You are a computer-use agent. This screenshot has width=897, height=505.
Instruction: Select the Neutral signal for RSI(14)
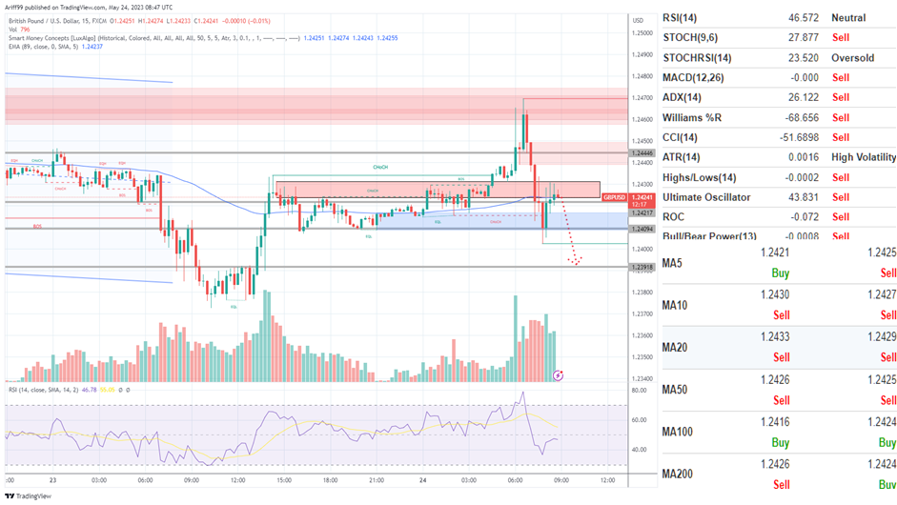(848, 18)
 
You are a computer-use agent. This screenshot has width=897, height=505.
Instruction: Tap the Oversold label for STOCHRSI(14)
(853, 57)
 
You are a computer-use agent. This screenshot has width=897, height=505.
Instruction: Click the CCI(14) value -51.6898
(778, 137)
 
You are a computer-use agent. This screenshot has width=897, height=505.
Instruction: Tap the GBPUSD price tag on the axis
(614, 196)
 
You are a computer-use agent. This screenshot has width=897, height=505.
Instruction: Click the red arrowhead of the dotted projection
(575, 261)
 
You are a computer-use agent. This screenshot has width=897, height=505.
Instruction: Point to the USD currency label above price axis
(638, 19)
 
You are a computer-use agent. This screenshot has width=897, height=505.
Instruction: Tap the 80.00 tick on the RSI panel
(640, 390)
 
